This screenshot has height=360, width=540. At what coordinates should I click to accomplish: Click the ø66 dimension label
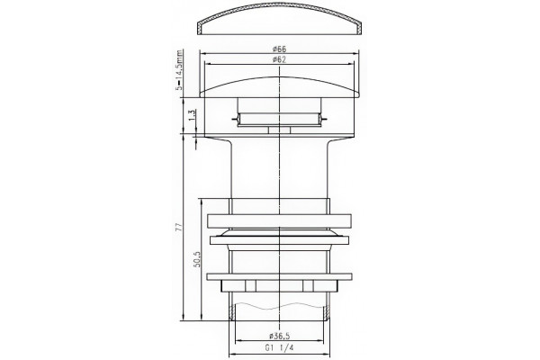pyautogui.click(x=279, y=49)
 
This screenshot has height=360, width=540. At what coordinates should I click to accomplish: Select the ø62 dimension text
pyautogui.click(x=279, y=59)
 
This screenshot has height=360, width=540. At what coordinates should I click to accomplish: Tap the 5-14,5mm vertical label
pyautogui.click(x=179, y=70)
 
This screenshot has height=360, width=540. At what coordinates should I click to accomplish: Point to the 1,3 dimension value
pyautogui.click(x=193, y=114)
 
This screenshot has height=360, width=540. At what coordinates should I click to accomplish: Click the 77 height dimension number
pyautogui.click(x=178, y=228)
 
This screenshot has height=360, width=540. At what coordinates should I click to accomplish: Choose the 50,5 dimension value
pyautogui.click(x=197, y=260)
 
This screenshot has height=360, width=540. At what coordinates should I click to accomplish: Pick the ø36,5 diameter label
pyautogui.click(x=280, y=336)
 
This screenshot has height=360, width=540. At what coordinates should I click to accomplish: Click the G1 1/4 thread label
pyautogui.click(x=279, y=348)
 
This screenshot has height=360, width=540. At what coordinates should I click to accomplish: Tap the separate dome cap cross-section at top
pyautogui.click(x=280, y=19)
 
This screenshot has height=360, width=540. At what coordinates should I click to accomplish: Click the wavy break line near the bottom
pyautogui.click(x=279, y=305)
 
